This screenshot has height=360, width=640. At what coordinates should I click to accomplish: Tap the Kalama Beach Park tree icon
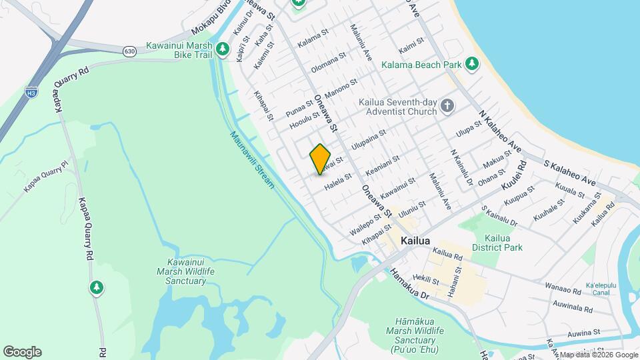(473, 64)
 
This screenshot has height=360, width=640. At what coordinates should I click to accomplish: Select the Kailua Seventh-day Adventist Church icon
(447, 105)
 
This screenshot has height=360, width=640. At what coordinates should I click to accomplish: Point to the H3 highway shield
(31, 93)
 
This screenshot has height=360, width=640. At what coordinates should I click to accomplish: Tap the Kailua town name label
(415, 241)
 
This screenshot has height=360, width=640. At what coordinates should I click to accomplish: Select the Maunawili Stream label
(252, 160)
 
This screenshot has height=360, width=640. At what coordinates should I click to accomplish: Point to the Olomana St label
(329, 63)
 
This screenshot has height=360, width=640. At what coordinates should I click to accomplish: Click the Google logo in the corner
(22, 351)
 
